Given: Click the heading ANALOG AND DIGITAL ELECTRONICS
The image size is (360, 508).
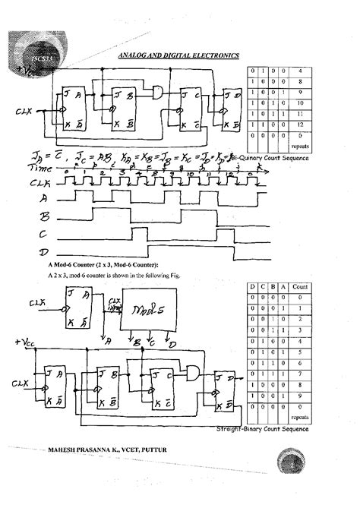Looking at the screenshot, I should pos(178,55).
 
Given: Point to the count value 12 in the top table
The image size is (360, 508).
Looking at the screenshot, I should pos(302,123).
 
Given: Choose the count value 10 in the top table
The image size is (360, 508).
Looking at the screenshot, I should pos(302,102).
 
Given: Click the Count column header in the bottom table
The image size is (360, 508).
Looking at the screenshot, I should pos(301,286).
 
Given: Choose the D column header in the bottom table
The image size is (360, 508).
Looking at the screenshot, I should pos(251,286).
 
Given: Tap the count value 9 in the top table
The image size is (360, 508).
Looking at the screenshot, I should pos(302,91).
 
